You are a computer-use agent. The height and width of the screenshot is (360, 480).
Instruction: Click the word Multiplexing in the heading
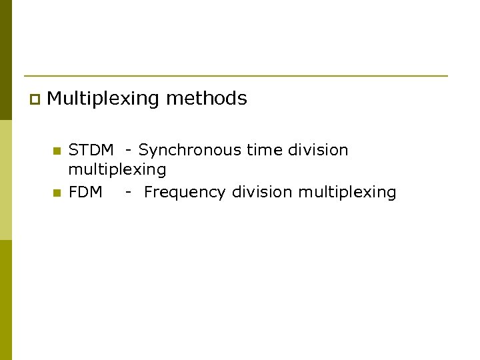[x=103, y=99]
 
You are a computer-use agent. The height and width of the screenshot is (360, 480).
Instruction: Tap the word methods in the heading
[x=207, y=99]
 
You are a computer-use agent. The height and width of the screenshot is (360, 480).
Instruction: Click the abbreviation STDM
[x=91, y=150]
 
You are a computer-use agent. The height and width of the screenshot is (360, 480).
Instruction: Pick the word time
[x=264, y=150]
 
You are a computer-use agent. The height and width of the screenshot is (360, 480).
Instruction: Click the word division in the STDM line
[x=318, y=150]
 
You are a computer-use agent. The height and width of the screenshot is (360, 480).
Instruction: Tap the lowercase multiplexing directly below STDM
[x=117, y=170]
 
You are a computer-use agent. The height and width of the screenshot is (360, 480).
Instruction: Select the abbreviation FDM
[x=85, y=192]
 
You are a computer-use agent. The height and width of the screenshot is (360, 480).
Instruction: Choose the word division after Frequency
[x=262, y=192]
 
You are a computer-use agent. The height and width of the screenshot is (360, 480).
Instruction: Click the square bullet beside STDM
[x=57, y=151]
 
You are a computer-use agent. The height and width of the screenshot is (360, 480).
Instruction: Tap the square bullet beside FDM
[x=57, y=193]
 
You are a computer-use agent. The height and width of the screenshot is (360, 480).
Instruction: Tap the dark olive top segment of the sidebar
[x=5, y=60]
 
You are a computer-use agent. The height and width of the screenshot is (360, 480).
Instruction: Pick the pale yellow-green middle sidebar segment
[x=5, y=180]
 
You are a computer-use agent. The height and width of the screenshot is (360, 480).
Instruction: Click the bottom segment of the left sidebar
[x=5, y=300]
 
